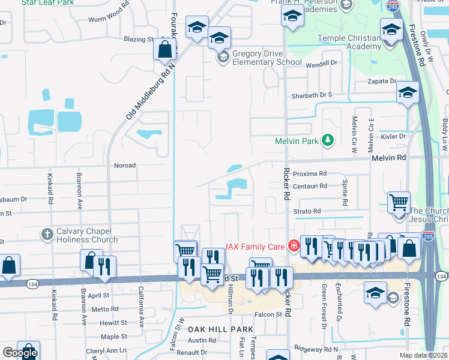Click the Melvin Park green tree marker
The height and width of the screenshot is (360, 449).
[327, 140]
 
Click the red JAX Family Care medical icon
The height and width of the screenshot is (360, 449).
[294, 245]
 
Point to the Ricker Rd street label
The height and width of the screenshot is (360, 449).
[286, 180]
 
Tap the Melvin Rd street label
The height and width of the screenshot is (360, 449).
[389, 157]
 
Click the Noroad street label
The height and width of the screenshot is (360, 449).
[124, 165]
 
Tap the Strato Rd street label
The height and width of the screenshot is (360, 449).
[307, 211]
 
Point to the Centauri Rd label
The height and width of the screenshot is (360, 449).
[310, 186]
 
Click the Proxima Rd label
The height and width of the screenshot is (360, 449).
[310, 173]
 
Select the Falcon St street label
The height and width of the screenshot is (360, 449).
[268, 314]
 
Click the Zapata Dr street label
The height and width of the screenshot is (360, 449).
[384, 81]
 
